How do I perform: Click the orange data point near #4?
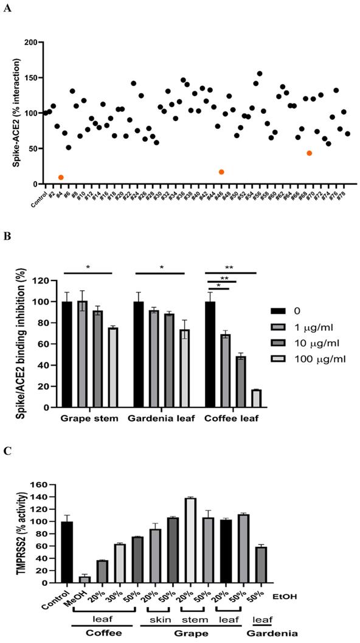click(61, 177)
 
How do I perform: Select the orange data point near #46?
click(221, 172)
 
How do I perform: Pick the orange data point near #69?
click(310, 153)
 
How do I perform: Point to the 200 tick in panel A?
click(29, 43)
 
